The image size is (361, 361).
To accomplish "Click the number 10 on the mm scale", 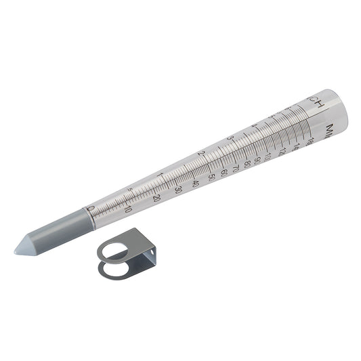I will tap(128, 209).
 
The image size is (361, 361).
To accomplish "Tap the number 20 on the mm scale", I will tap(156, 198).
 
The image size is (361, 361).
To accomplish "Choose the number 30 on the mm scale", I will tap(178, 190).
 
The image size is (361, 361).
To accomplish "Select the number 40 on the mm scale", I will tap(196, 184).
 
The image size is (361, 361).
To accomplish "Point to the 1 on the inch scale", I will tap(161, 176).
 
